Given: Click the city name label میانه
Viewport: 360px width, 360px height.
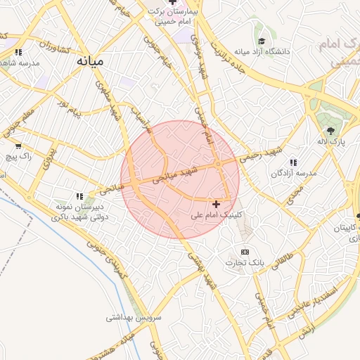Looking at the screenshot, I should (x=90, y=60).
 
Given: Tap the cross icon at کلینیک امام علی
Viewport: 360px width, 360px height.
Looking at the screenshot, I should (x=216, y=204).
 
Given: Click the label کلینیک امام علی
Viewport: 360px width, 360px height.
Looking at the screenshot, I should (x=217, y=214).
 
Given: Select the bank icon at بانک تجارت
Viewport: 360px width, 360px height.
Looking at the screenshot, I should (x=245, y=252).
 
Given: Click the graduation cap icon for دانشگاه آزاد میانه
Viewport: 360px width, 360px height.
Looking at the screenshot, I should (x=262, y=42).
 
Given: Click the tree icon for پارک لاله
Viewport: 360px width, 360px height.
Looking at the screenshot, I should (x=330, y=131).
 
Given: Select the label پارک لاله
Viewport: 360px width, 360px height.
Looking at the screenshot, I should (x=330, y=142).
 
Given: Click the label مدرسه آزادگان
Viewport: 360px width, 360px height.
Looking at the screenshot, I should (x=295, y=172).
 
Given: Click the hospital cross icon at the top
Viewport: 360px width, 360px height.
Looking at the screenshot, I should (x=172, y=3).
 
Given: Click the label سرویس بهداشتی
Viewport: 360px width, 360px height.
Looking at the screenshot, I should (x=134, y=317).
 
